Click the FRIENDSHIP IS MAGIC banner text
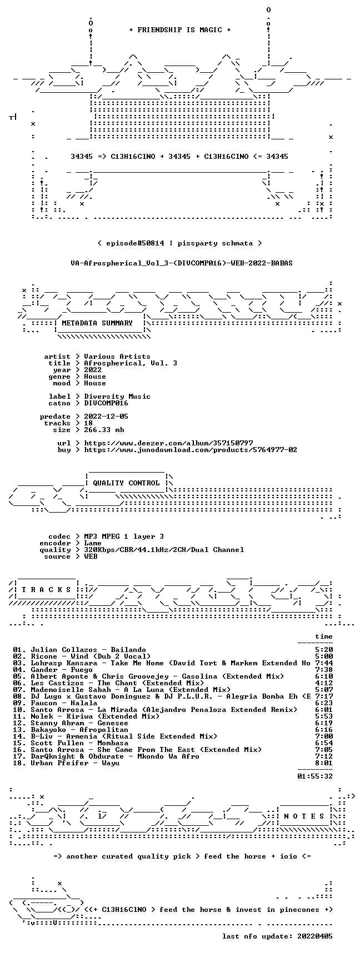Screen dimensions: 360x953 [x=179, y=30]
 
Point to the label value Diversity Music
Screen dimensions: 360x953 [x=117, y=397]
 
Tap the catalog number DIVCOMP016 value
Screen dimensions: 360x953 [x=106, y=403]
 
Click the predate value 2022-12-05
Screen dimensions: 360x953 [x=106, y=417]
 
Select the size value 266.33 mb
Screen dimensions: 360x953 [x=104, y=430]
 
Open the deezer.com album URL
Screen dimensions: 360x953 [x=168, y=443]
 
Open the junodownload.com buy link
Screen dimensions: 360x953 [x=191, y=450]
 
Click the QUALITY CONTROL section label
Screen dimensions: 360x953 [x=126, y=483]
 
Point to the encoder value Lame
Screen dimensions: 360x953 [x=93, y=543]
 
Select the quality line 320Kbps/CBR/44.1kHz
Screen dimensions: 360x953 [x=164, y=550]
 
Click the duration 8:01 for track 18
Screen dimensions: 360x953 [x=324, y=763]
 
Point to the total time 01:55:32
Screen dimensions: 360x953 [x=315, y=776]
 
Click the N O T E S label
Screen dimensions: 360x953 [x=304, y=816]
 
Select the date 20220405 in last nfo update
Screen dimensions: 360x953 [x=315, y=936]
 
